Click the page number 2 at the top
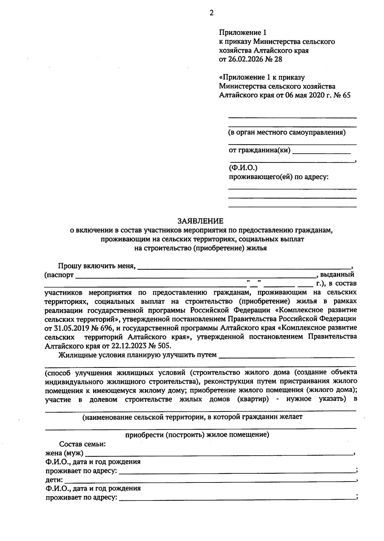point(211,13)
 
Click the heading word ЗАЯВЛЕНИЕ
point(201,221)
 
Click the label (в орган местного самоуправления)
point(287,132)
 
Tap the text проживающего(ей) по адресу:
point(278,177)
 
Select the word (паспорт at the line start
point(59,275)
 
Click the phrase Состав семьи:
point(82,444)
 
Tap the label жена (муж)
point(64,453)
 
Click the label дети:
point(54,480)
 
